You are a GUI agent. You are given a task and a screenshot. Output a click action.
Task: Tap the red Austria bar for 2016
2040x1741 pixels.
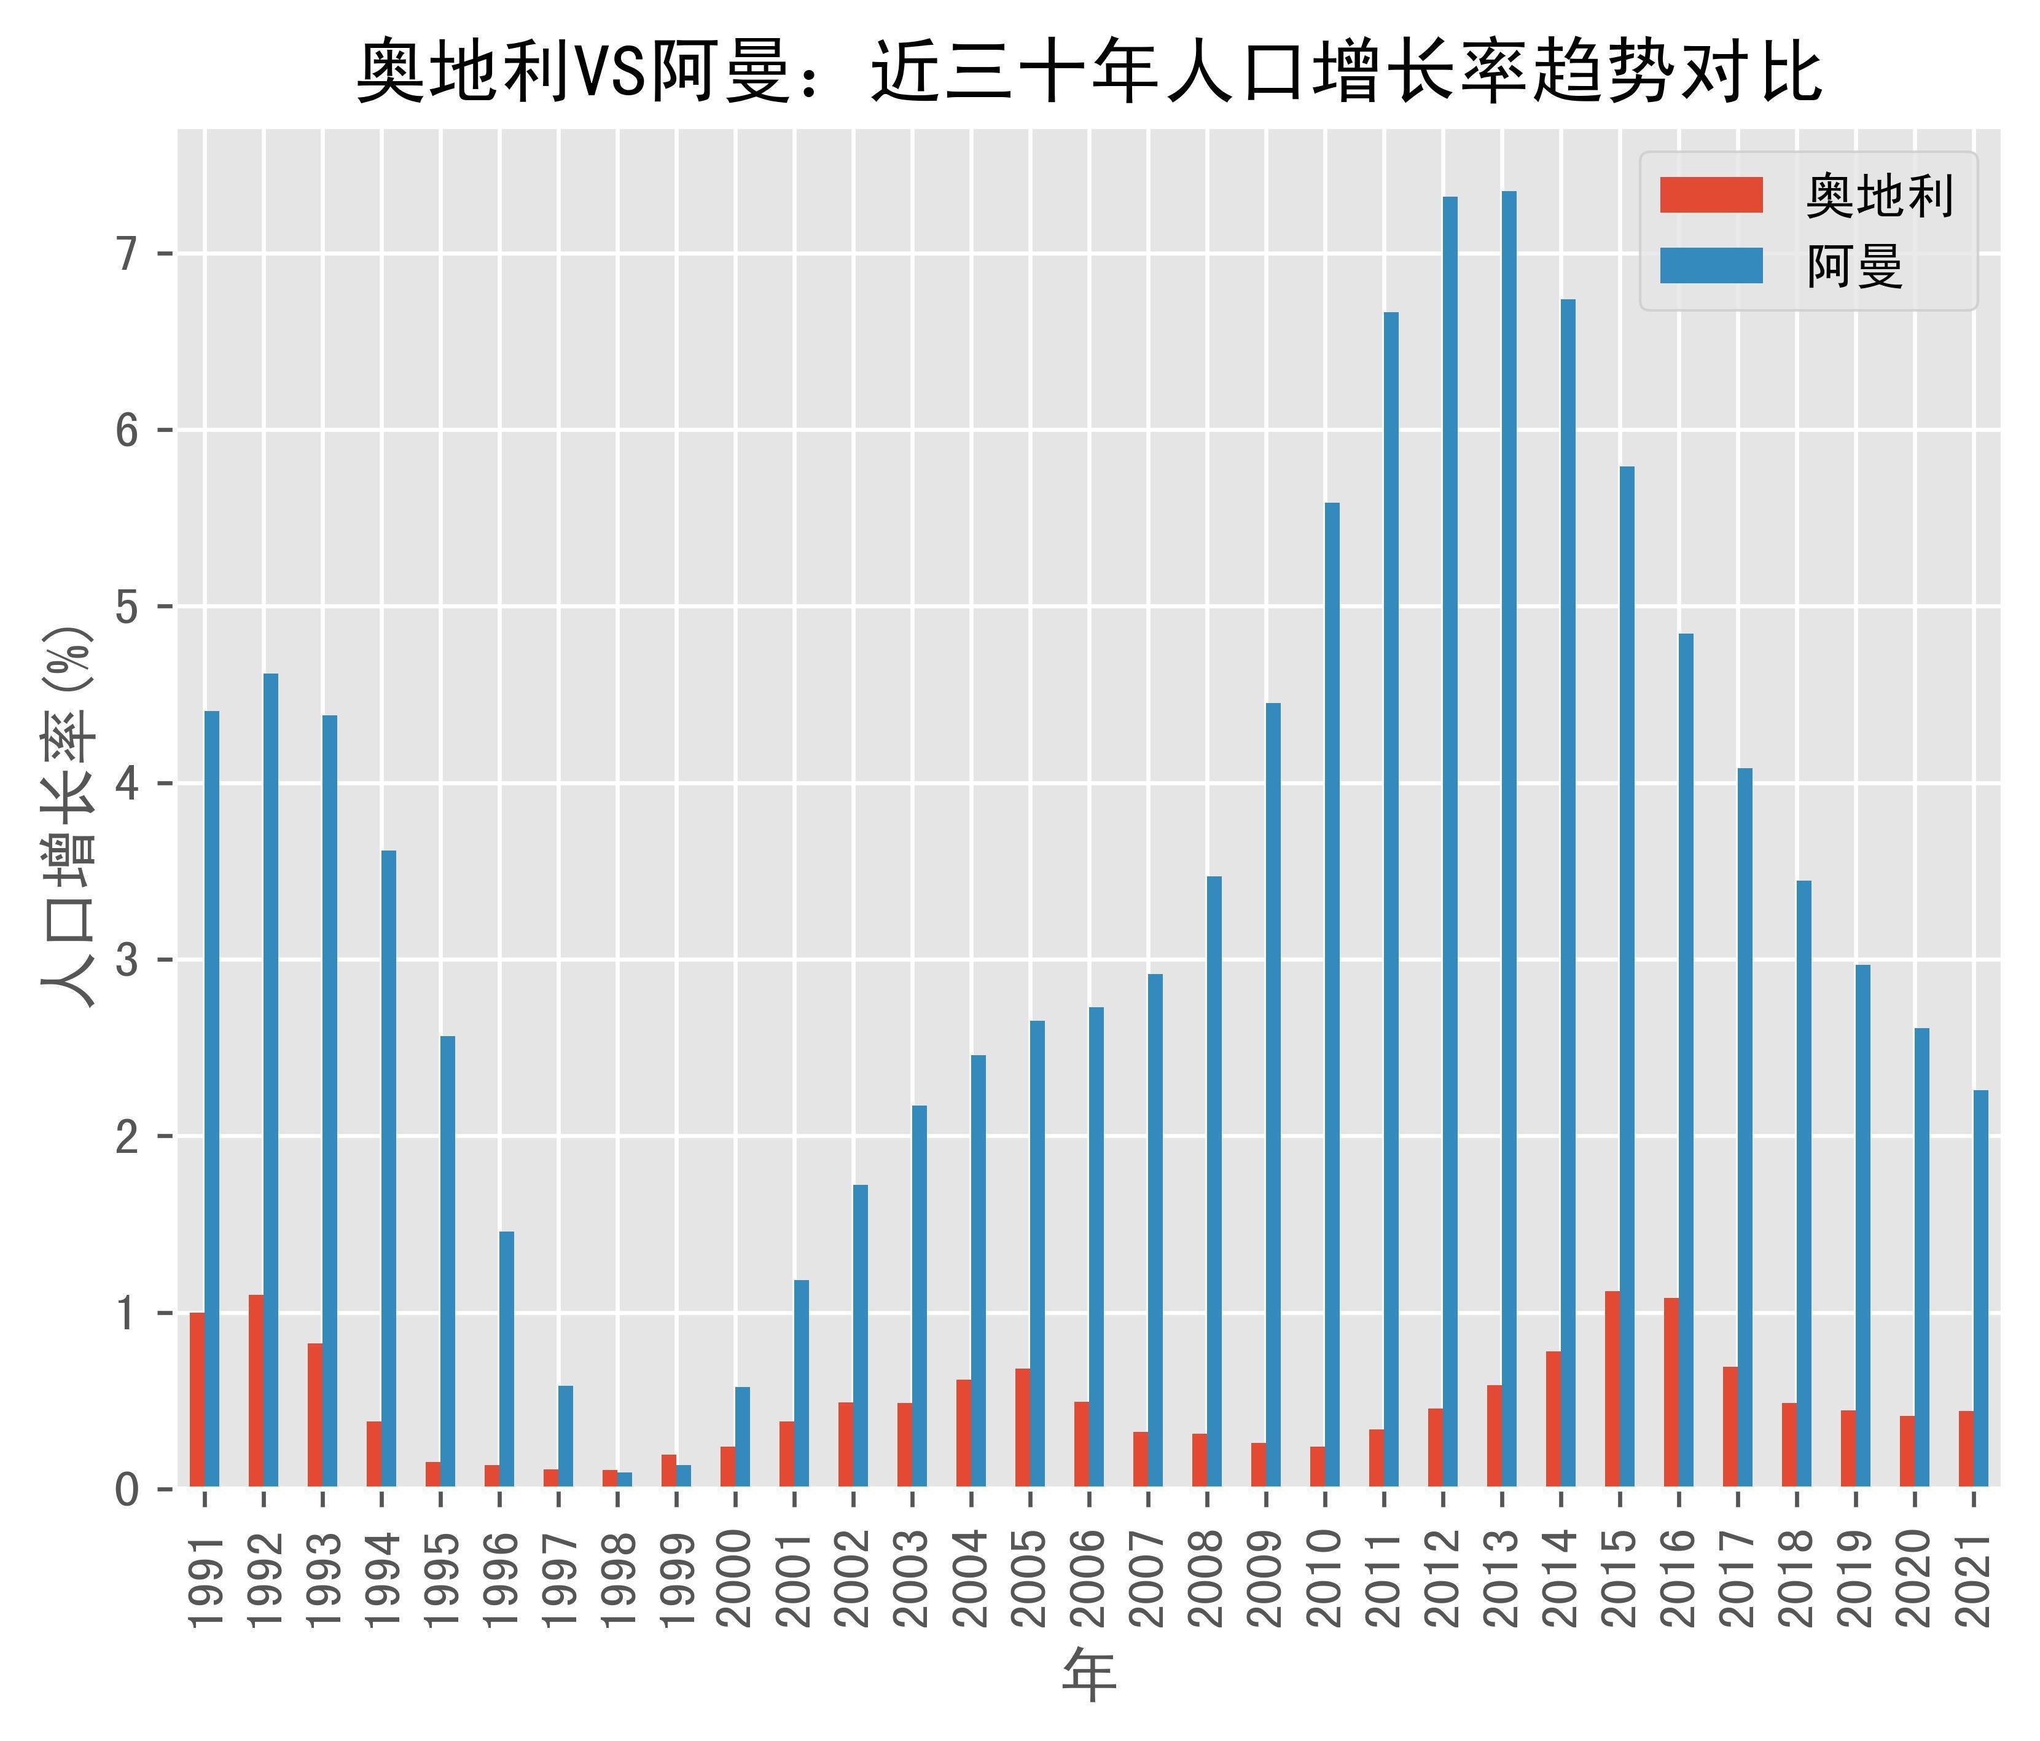coord(1671,1393)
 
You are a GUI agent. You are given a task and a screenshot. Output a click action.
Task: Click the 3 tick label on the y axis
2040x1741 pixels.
coord(128,960)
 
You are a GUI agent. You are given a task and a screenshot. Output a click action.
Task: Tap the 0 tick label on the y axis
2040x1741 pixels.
coord(128,1490)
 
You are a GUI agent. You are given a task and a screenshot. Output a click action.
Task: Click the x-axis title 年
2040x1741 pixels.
coord(1089,1676)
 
